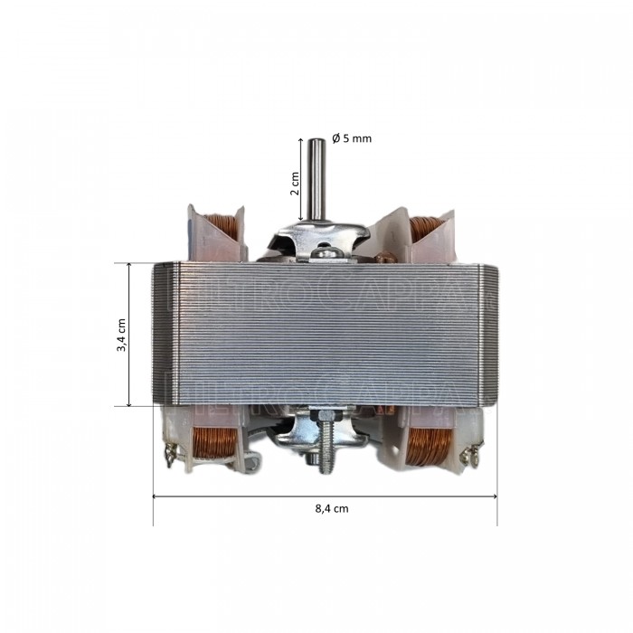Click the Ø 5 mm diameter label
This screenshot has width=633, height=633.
click(352, 138)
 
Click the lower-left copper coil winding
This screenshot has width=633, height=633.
click(218, 445)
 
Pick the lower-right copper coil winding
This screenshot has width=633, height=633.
click(429, 445)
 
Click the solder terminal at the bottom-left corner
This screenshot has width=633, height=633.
click(168, 455)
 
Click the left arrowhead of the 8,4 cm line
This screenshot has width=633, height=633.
click(156, 496)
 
